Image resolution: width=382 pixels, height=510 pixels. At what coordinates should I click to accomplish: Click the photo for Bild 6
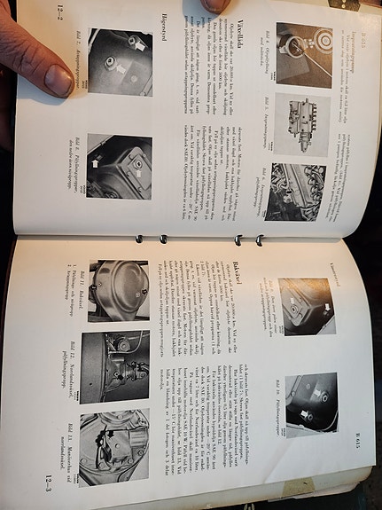[300, 191]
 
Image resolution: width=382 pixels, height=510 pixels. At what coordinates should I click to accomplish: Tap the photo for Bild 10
[309, 404]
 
